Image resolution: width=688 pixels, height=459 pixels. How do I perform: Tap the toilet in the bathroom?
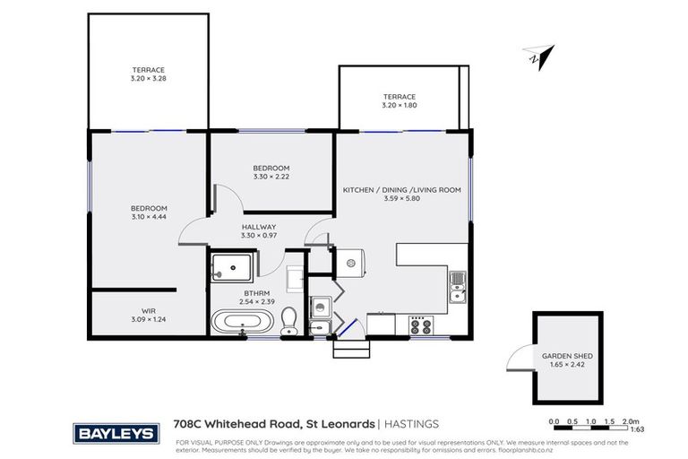[x=288, y=321]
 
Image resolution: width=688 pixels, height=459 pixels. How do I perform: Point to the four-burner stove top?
[x=419, y=323]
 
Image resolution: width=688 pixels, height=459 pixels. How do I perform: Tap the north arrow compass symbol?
[x=540, y=56]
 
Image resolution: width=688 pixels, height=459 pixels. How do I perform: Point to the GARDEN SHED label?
[x=567, y=356]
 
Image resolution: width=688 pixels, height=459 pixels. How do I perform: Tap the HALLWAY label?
[x=259, y=228]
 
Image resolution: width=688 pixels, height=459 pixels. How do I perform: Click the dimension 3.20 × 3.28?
[x=149, y=79]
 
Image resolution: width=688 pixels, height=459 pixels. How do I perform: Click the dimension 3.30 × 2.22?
[x=271, y=178]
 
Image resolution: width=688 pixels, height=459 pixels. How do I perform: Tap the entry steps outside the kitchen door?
[x=350, y=348]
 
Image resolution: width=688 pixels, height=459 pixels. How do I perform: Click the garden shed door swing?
[x=517, y=359]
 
